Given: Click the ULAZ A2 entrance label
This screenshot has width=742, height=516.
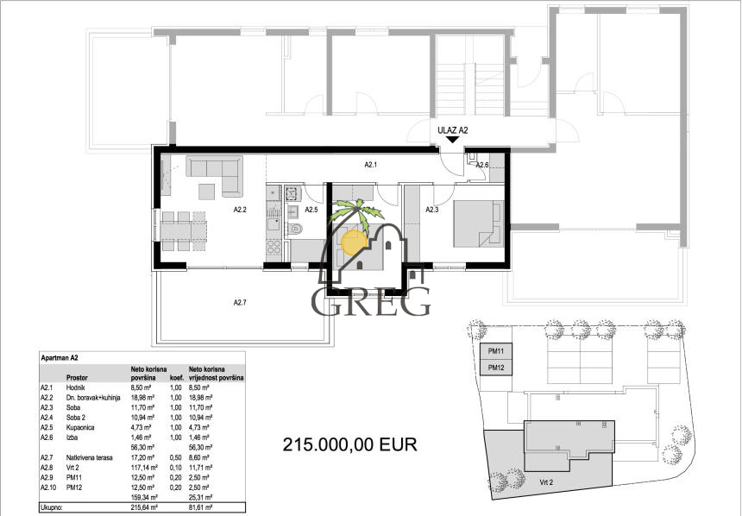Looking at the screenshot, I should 452,130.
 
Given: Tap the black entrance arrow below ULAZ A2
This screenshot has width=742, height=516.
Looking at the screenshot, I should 452,142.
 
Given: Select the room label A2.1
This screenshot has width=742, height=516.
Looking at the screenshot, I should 372,164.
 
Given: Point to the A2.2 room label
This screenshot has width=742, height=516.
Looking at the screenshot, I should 241,209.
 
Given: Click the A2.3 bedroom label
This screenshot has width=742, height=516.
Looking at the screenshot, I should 433,209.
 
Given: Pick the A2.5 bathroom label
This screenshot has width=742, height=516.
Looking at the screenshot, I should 311,209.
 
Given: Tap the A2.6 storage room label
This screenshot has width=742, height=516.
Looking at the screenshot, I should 482,166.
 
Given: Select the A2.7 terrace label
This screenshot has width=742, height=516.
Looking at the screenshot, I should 241,302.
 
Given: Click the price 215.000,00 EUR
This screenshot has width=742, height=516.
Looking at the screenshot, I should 350,445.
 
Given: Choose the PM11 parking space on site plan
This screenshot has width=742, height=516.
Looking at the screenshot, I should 496,351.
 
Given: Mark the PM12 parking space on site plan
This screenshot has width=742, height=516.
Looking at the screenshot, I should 496,368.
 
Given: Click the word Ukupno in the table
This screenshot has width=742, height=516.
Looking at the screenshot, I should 53,509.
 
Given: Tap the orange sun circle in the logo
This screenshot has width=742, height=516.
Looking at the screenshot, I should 355,242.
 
